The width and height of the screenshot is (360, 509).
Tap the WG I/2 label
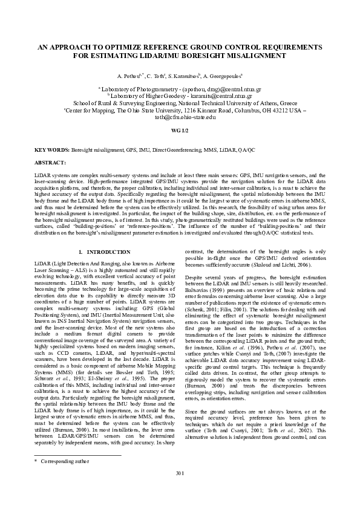tap(180, 131)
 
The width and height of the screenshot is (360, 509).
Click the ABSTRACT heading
tap(50, 163)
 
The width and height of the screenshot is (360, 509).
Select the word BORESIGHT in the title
tap(206, 55)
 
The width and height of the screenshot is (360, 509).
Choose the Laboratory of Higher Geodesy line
tap(180, 96)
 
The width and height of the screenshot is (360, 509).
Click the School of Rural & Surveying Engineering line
tap(180, 103)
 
